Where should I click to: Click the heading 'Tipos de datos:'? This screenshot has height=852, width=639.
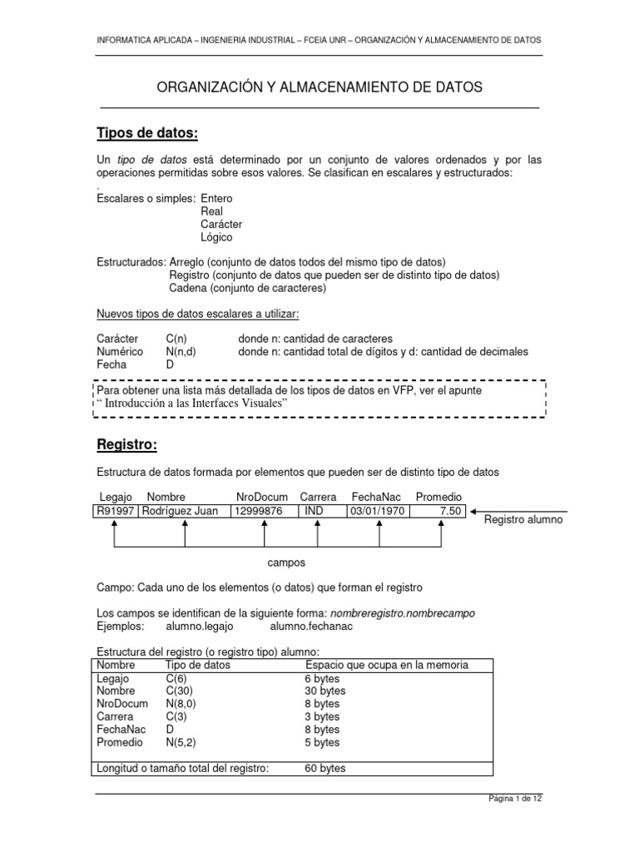[147, 134]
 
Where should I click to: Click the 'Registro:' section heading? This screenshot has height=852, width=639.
[126, 445]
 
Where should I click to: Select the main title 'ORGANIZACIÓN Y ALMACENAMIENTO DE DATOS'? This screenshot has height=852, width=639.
[320, 87]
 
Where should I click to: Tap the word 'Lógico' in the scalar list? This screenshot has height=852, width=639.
[217, 237]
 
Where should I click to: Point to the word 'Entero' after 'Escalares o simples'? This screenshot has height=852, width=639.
[217, 198]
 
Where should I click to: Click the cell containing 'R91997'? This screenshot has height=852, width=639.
[116, 511]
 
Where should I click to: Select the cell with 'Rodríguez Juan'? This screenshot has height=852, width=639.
[181, 511]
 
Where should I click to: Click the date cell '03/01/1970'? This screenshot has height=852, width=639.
[377, 511]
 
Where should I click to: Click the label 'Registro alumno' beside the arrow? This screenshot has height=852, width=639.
[523, 519]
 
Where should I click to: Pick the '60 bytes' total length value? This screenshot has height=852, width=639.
[325, 768]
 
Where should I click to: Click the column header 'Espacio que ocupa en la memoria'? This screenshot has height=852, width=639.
[387, 665]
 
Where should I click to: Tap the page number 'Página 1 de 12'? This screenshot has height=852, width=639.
[514, 799]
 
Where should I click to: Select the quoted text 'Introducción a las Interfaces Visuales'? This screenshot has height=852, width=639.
[195, 403]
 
